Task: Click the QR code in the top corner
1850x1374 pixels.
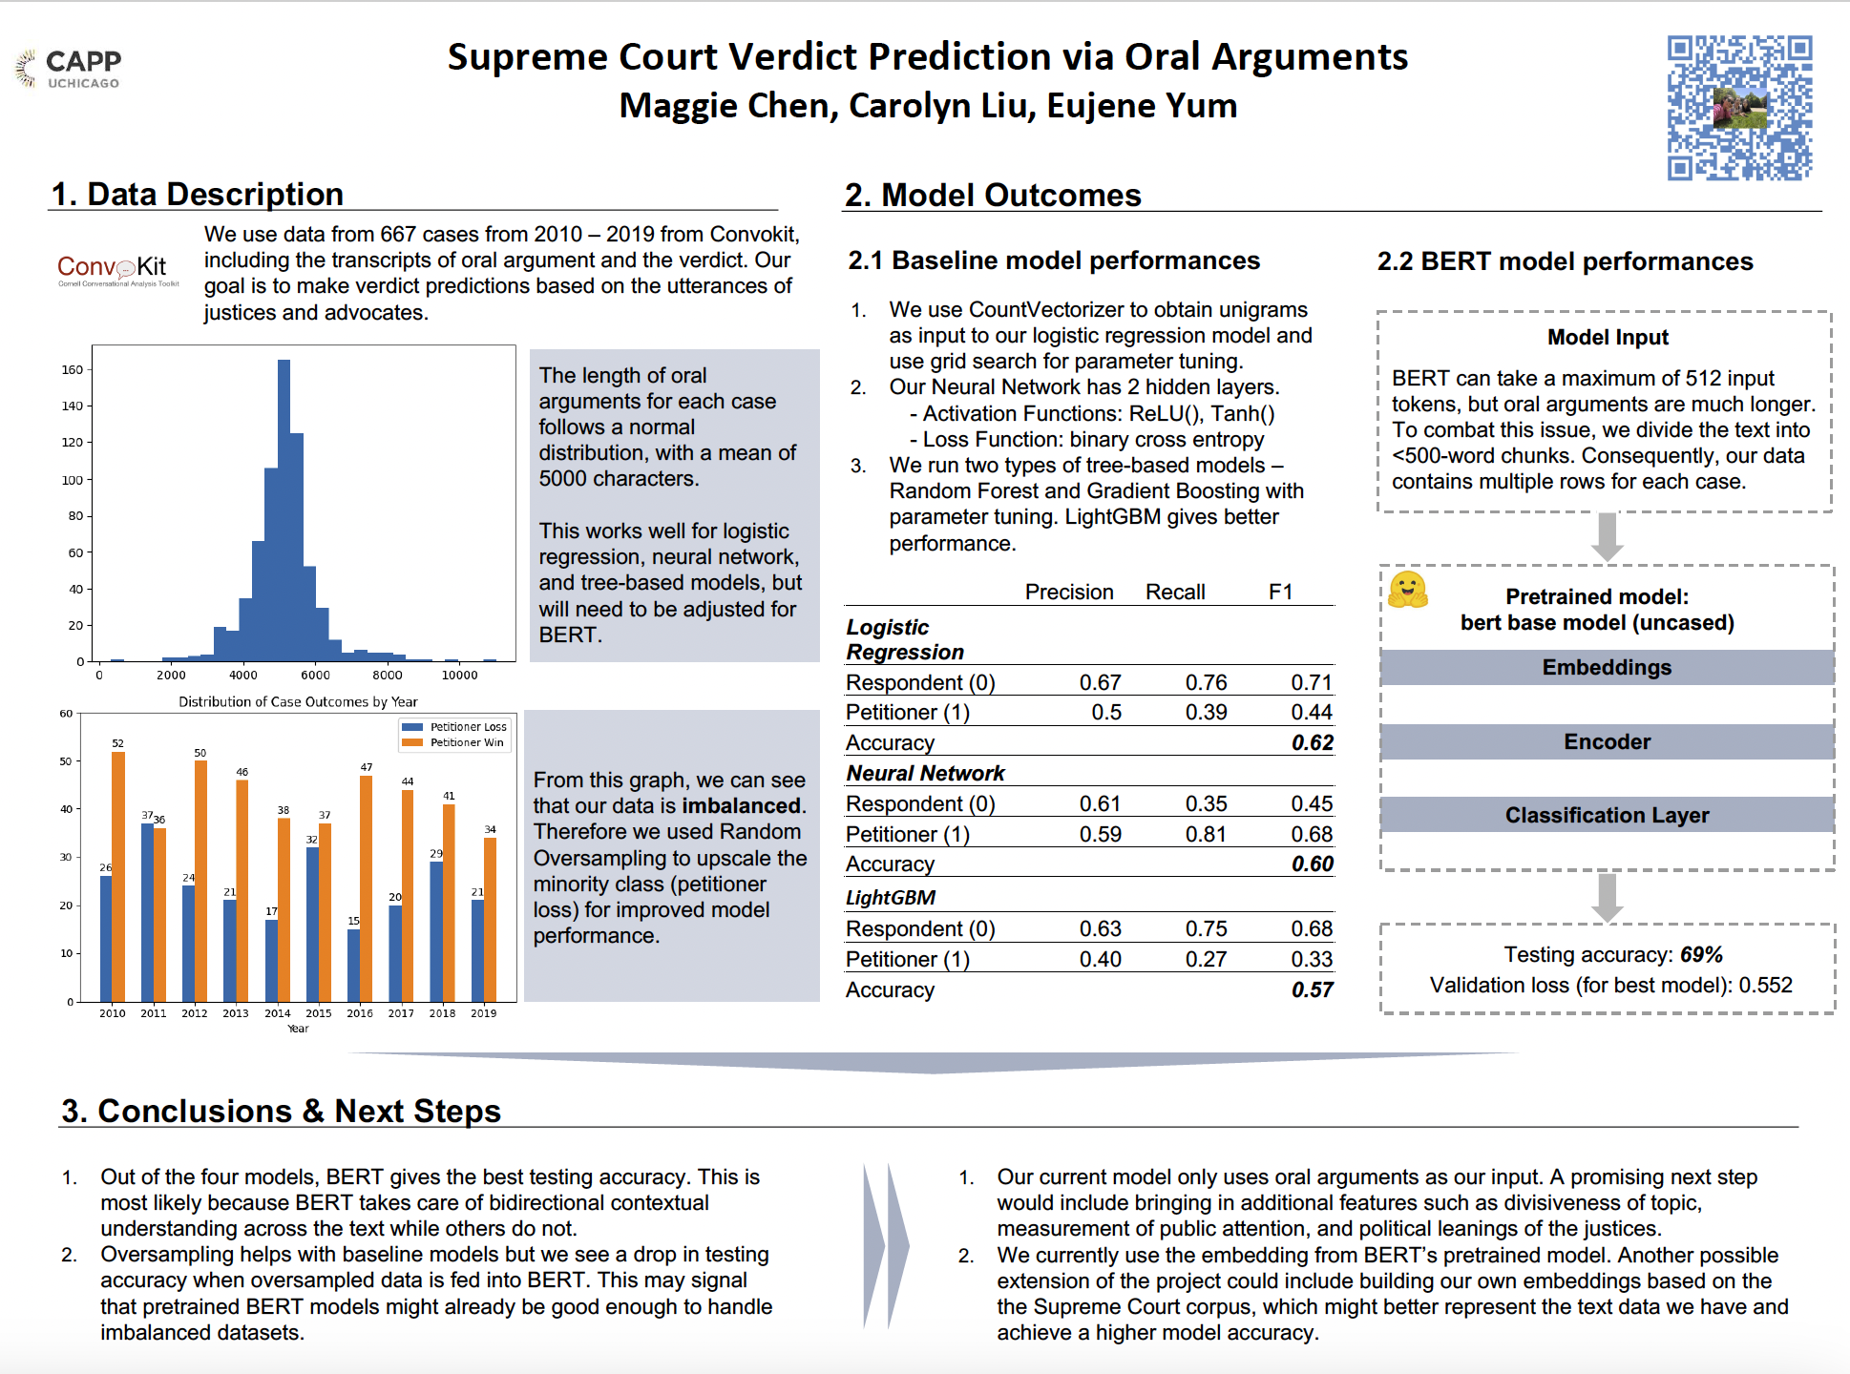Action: [x=1739, y=108]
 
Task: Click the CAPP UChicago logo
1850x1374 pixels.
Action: [x=70, y=68]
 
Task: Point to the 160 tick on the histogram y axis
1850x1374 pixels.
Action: [x=73, y=370]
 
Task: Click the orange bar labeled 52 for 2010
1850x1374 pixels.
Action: [x=118, y=876]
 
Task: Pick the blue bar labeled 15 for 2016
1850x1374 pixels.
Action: [x=354, y=965]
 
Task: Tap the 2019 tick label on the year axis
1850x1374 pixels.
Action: [x=483, y=1013]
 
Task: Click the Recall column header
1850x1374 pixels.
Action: [x=1175, y=593]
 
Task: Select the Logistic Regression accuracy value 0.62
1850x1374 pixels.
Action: [x=1313, y=743]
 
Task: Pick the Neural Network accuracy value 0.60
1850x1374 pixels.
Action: [x=1313, y=864]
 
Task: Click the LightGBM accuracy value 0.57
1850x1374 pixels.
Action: [x=1313, y=990]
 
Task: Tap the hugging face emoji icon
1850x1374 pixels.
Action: [x=1408, y=591]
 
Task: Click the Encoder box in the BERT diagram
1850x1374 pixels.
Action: [x=1607, y=742]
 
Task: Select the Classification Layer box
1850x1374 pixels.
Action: [x=1607, y=816]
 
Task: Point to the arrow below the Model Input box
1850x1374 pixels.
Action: [x=1608, y=537]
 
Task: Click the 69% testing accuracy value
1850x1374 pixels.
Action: [x=1701, y=955]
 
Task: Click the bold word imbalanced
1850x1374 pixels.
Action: [x=742, y=806]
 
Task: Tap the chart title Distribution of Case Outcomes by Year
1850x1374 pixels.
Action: [x=298, y=702]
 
